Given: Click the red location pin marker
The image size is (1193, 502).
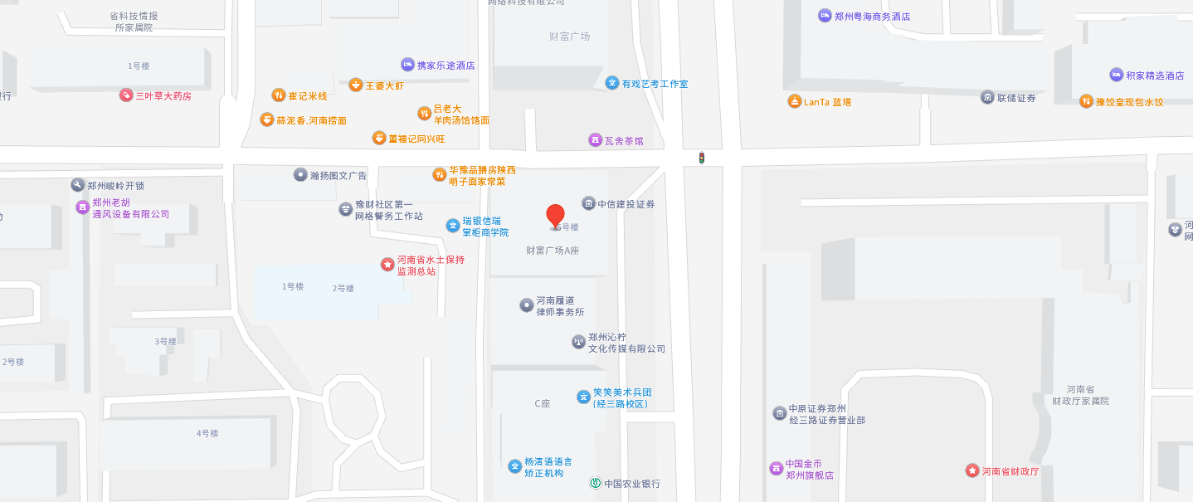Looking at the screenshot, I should click(555, 216).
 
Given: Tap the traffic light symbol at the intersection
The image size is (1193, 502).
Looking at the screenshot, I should click(701, 157).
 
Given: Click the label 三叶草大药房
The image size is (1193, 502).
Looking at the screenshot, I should click(163, 96).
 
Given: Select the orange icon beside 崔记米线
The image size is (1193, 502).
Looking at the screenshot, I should click(279, 95).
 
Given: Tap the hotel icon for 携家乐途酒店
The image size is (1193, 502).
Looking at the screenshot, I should click(407, 64).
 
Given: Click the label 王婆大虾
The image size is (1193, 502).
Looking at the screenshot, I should click(385, 85).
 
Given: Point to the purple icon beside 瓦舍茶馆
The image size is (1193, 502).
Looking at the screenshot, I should click(595, 139).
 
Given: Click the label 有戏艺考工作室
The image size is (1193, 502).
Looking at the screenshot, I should click(655, 84).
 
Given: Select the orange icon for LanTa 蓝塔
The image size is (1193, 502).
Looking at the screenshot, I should click(795, 101).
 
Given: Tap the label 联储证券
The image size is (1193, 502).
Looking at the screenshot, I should click(1016, 98).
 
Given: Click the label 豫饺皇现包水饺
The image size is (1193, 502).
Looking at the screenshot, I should click(1129, 102).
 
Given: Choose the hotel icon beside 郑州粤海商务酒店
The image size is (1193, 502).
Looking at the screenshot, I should click(825, 16).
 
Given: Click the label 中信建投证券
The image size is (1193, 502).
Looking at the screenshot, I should click(626, 204).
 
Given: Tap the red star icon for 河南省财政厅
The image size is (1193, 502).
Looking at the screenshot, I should click(971, 470).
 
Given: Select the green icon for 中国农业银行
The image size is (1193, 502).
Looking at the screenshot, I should click(595, 483).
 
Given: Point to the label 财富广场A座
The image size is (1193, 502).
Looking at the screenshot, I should click(553, 250).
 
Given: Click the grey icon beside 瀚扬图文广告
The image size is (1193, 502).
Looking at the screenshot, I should click(300, 174).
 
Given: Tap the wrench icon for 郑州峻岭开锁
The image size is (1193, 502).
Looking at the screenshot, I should click(78, 185).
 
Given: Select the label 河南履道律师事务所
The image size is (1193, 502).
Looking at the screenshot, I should click(560, 306).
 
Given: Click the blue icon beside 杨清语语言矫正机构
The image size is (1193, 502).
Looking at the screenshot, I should click(515, 466).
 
